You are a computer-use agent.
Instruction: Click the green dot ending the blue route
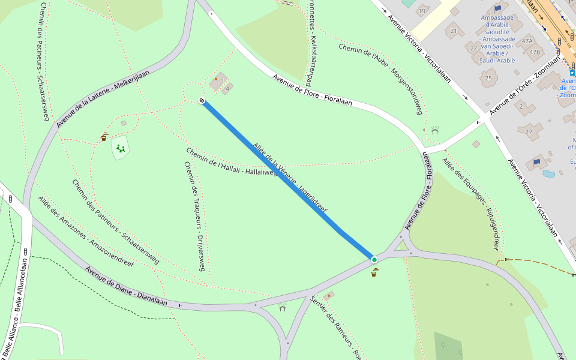coord(374,259)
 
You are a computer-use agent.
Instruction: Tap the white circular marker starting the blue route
coord(202,101)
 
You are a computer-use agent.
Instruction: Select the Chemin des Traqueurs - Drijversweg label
coord(195,216)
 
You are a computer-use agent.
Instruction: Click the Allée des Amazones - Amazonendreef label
coord(86,231)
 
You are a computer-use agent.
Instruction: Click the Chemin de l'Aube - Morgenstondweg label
coord(381,78)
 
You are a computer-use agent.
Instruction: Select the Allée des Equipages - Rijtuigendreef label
coord(471,204)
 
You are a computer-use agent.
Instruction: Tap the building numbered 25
coord(488,77)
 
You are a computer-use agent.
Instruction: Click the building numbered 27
coord(529,131)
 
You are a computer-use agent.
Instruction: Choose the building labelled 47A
coord(527,41)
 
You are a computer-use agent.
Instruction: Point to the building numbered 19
coord(422,10)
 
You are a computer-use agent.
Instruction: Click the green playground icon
coord(121,148)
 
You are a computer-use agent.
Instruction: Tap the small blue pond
coord(548,174)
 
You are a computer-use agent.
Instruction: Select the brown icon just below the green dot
coord(374,273)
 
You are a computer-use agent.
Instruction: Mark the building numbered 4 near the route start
coord(228,89)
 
